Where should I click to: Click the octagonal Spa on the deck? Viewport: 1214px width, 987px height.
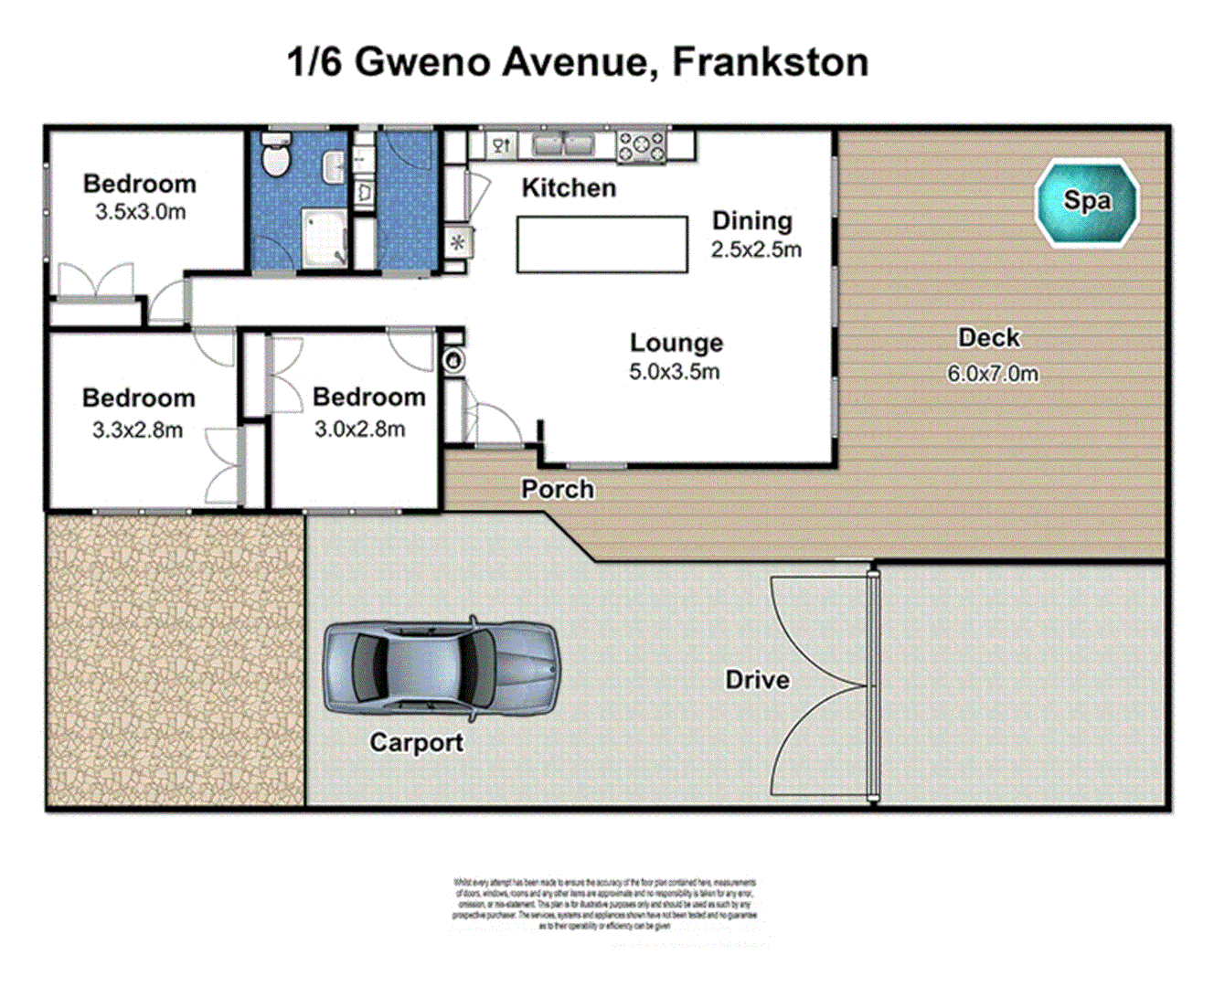click(x=1086, y=203)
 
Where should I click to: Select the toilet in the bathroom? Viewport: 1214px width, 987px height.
click(x=274, y=157)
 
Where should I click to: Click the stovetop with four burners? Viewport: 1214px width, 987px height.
click(x=642, y=146)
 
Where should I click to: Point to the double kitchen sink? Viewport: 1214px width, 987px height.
click(x=563, y=144)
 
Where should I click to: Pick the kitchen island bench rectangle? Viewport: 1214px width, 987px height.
click(x=602, y=244)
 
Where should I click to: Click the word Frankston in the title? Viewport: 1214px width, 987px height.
click(x=770, y=62)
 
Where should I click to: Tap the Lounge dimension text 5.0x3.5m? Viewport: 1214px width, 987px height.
click(x=674, y=372)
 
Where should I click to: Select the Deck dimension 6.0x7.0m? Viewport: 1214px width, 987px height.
click(x=992, y=374)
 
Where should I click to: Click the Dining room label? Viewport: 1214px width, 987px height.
click(x=751, y=221)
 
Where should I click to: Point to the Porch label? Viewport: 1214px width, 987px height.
click(x=558, y=490)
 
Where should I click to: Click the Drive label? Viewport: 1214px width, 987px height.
click(x=757, y=680)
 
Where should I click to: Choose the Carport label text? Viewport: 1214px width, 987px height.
click(x=416, y=742)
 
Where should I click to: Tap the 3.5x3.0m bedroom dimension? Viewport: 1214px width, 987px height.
click(x=140, y=213)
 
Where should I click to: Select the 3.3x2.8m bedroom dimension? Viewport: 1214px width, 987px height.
click(x=137, y=430)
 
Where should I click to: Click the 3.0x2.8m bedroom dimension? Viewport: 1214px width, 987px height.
click(x=359, y=430)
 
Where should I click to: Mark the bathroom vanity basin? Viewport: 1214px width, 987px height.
click(x=334, y=166)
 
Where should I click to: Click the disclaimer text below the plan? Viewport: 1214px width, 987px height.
click(x=604, y=904)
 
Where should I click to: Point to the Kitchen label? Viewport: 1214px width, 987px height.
click(x=569, y=188)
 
